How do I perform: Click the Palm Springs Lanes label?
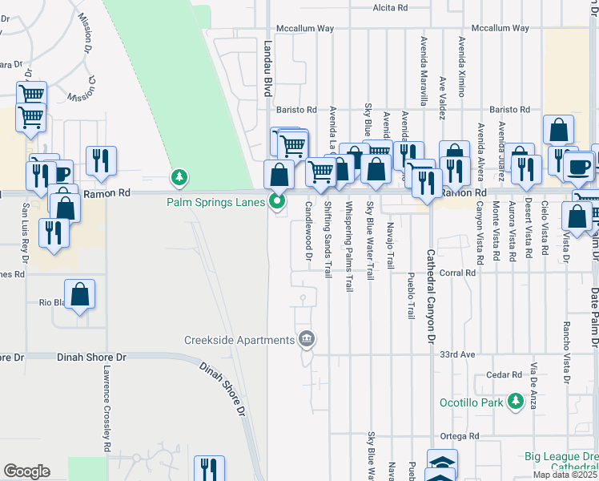(x=215, y=202)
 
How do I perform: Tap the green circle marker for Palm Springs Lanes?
(x=278, y=202)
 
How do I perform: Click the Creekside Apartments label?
(x=239, y=340)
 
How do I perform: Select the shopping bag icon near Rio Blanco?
(x=80, y=295)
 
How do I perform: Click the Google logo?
(x=26, y=471)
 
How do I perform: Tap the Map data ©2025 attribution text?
(x=565, y=475)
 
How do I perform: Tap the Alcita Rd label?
(x=390, y=7)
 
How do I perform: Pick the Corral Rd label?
(x=458, y=273)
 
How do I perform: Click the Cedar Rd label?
(x=504, y=374)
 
